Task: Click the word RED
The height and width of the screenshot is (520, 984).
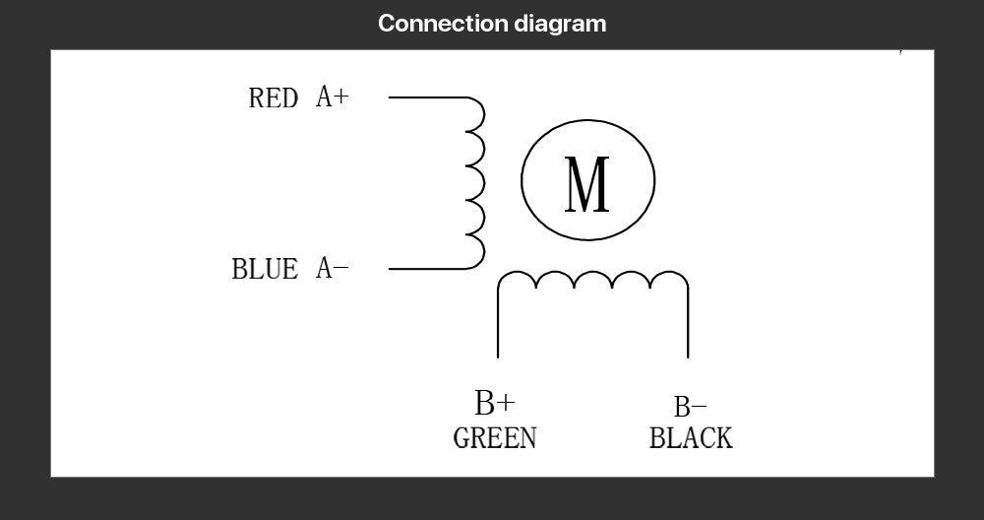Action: pos(273,97)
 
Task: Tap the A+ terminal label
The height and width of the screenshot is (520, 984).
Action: pos(332,97)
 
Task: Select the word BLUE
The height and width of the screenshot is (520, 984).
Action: pos(265,269)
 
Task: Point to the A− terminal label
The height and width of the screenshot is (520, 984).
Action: pos(332,268)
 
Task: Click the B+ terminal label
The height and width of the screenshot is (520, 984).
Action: pos(495,403)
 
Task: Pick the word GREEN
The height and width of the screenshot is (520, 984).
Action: pos(495,437)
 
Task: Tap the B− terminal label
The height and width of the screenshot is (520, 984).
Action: pos(691,407)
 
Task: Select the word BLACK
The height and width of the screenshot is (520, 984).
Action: pos(691,437)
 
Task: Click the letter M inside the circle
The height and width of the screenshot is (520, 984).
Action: pos(586,184)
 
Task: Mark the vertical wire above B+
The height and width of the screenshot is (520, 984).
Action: pos(498,323)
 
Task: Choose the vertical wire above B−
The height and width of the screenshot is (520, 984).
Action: pos(688,323)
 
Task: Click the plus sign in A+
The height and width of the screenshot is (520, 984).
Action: pos(340,97)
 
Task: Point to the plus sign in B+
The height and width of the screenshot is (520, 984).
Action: pos(507,403)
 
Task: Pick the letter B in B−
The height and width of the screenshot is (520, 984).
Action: pos(682,407)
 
